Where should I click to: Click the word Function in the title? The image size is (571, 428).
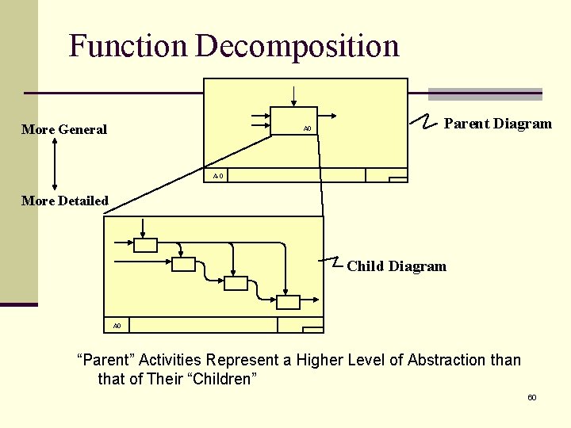[127, 46]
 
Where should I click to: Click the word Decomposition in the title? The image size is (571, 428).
[297, 46]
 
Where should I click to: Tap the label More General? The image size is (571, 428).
[64, 129]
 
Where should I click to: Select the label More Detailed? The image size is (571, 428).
[65, 201]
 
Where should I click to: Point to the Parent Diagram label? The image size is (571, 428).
[497, 124]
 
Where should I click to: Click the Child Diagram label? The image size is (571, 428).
[397, 266]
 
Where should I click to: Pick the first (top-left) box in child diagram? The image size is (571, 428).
[145, 245]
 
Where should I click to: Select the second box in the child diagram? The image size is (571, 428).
[183, 265]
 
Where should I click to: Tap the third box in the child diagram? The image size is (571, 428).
[236, 283]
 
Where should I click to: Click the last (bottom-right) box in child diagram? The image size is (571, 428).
[288, 302]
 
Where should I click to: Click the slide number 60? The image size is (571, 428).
[531, 396]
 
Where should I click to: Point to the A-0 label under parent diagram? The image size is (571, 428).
[217, 175]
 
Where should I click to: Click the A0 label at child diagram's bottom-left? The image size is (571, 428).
[117, 325]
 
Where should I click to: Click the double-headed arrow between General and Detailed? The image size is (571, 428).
[54, 164]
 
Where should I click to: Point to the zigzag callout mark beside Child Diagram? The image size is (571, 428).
[335, 262]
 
